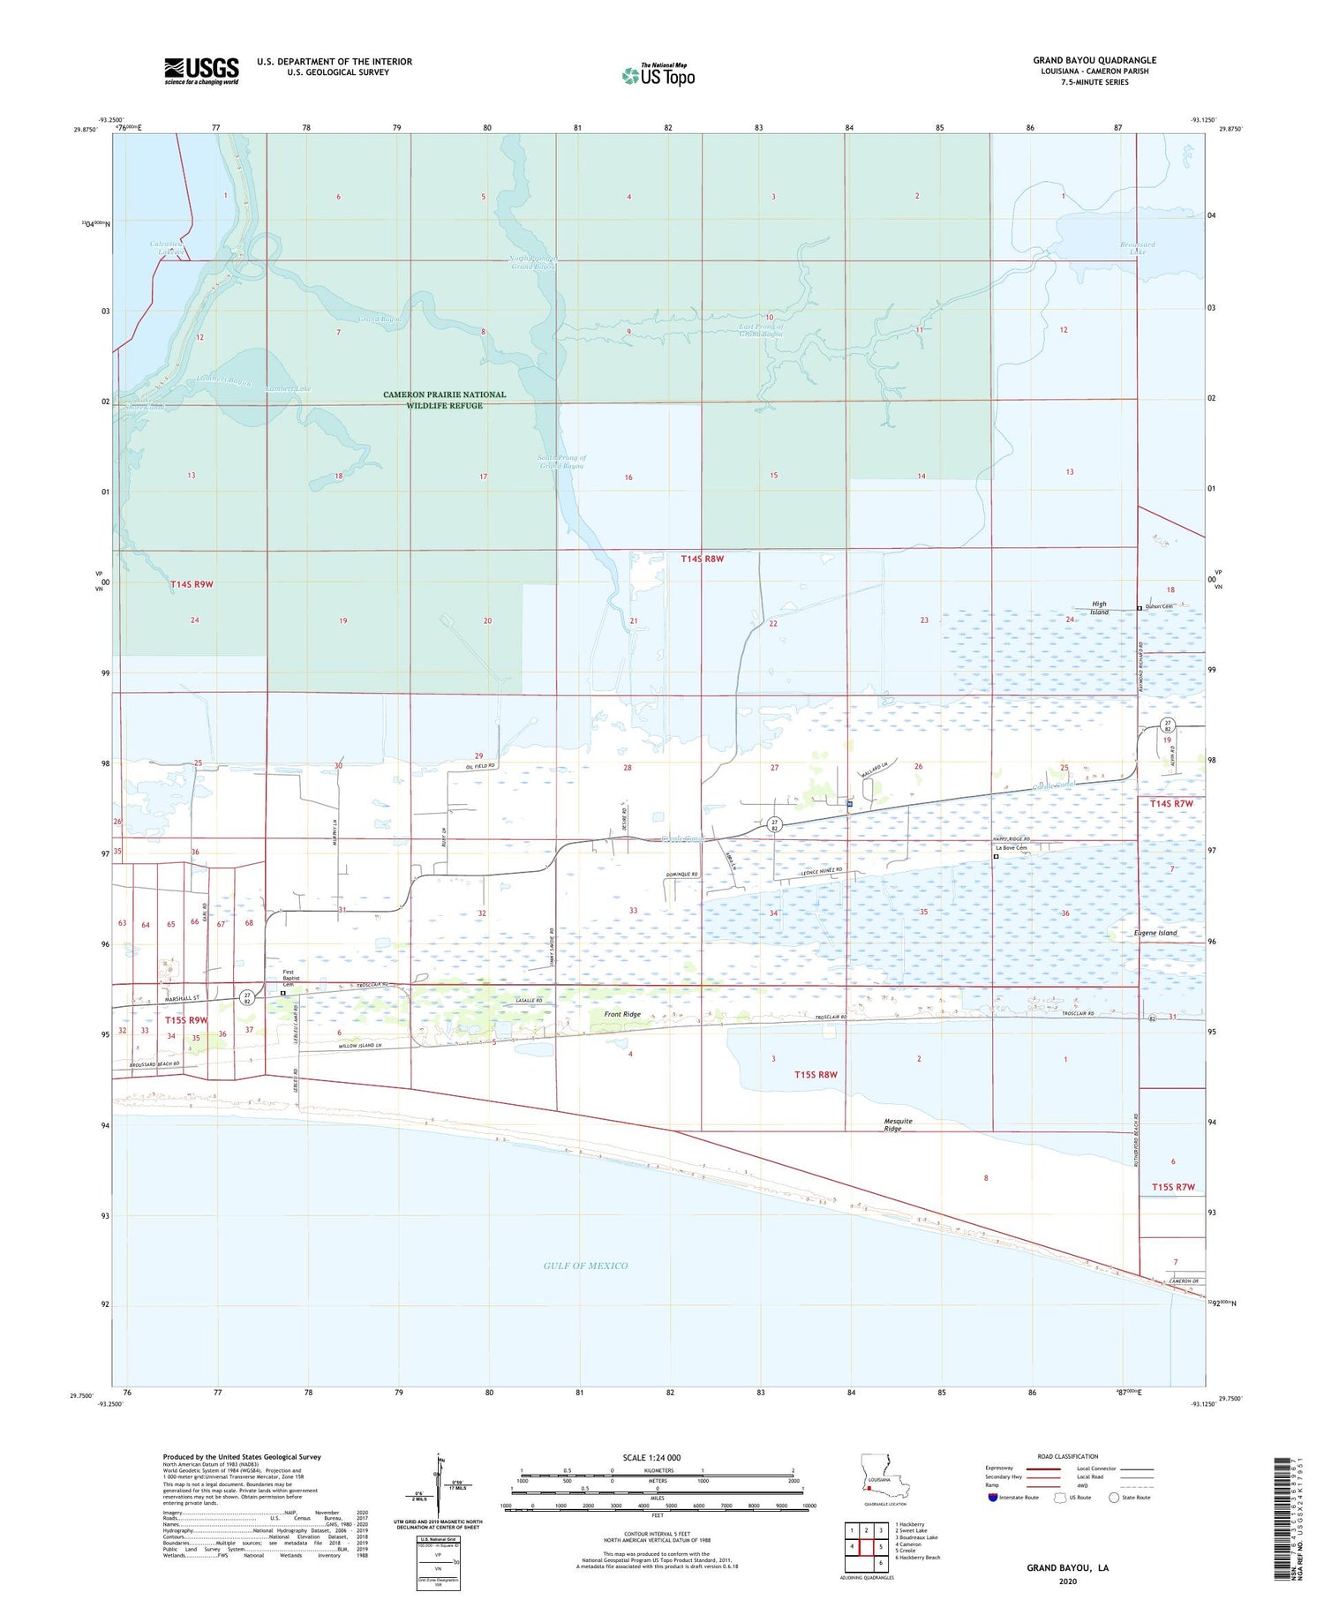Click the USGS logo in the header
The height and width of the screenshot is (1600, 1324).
201,70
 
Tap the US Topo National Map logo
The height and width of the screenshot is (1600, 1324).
658,75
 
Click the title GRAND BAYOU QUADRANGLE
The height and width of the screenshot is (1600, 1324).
1095,60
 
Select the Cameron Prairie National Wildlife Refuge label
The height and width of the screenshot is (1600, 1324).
444,400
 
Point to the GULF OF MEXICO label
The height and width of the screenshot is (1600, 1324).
585,1266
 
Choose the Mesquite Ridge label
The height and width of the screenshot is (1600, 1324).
898,1124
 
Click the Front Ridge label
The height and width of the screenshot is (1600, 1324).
622,1015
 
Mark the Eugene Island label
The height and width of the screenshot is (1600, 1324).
1155,933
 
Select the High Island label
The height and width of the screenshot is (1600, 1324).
1098,608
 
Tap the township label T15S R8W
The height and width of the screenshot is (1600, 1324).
815,1074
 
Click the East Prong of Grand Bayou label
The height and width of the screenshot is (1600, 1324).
761,330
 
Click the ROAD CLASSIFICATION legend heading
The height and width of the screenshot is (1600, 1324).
1068,1456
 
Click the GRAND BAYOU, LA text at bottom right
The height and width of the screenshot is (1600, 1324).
1067,1567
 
